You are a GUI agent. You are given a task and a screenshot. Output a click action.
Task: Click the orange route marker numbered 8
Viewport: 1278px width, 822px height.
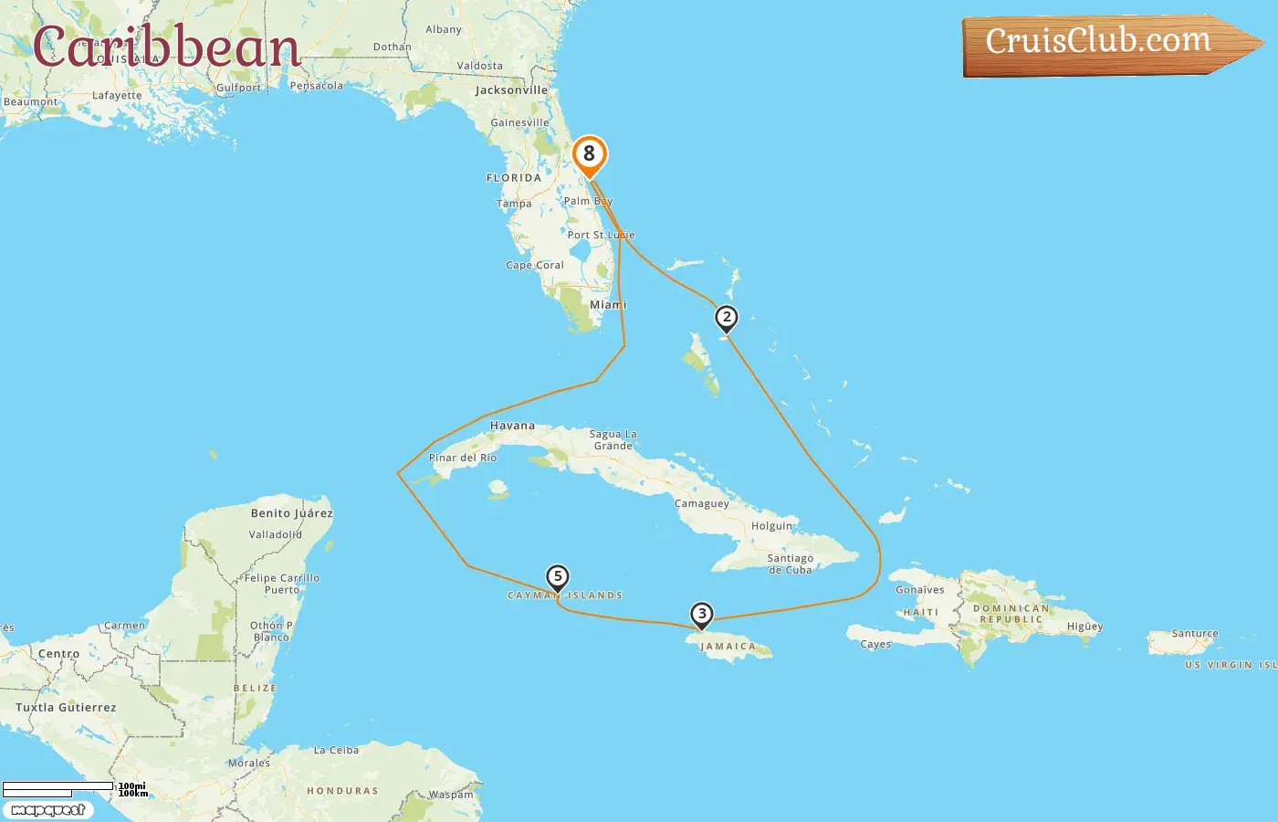click(x=589, y=154)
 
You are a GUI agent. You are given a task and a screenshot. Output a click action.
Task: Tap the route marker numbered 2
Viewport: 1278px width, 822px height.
click(x=726, y=318)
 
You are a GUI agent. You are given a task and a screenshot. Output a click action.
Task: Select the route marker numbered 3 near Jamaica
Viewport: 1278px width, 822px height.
click(x=701, y=615)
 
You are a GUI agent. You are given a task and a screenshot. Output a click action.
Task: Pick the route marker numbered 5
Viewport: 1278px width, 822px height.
click(x=557, y=577)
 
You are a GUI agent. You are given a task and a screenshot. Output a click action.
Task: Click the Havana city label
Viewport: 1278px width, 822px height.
click(x=512, y=426)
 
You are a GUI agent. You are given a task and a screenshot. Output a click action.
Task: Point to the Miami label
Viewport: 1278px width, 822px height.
click(x=608, y=305)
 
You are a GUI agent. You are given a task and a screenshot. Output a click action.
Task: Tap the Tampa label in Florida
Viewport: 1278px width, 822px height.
click(x=514, y=204)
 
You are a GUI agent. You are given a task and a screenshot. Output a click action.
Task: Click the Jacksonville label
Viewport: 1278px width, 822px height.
click(x=511, y=90)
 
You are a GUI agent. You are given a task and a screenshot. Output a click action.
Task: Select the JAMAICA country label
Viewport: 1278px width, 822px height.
click(x=728, y=647)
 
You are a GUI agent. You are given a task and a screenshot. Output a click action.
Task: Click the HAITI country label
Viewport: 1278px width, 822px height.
click(x=920, y=612)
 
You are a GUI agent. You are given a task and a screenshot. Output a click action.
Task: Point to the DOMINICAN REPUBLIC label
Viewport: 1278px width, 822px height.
click(x=1011, y=614)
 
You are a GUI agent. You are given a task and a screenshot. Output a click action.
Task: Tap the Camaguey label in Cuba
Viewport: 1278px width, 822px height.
click(x=701, y=504)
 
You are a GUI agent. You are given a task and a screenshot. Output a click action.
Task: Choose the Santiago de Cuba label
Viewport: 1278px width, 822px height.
click(x=790, y=564)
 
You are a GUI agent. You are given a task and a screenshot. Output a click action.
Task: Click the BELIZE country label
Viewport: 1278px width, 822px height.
click(x=255, y=688)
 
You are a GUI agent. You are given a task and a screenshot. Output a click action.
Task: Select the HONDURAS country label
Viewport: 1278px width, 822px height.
click(x=342, y=791)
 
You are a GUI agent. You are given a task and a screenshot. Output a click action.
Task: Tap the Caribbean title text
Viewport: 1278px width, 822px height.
click(x=166, y=47)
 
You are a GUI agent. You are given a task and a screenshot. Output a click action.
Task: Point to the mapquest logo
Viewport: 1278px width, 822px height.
click(x=47, y=810)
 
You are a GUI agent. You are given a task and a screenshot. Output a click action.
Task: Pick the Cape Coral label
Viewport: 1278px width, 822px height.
click(x=535, y=266)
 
